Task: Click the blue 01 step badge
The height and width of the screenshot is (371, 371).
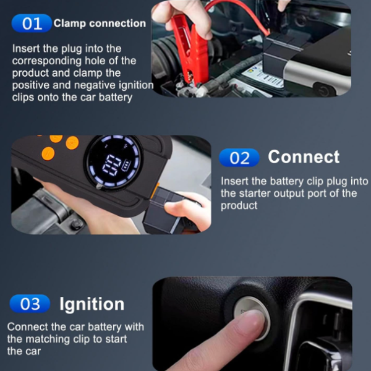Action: (x=32, y=23)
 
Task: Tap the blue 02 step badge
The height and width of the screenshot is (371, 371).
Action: (x=239, y=158)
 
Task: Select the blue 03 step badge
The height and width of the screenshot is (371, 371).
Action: (x=30, y=304)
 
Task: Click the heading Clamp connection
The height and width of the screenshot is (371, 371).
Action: (x=100, y=23)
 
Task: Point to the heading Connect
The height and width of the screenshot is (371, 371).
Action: (x=304, y=157)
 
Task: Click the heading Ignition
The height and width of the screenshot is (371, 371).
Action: (x=92, y=304)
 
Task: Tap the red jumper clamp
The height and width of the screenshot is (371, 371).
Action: (x=190, y=48)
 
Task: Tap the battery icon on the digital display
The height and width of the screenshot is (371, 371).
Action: (x=126, y=164)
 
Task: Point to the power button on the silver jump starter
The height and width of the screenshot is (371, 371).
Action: (x=323, y=90)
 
